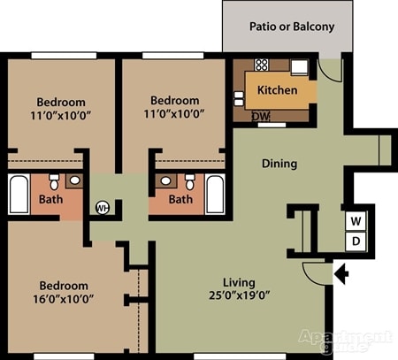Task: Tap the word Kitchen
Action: tap(277, 90)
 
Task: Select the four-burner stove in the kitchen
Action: tap(262, 65)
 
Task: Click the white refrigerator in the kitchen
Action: tap(300, 65)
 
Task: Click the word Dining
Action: tap(279, 164)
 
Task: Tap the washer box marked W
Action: tap(356, 219)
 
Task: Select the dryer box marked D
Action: tap(356, 241)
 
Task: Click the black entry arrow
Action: tap(341, 274)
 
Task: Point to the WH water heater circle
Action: tap(102, 208)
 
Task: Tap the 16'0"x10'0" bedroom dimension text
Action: tap(63, 298)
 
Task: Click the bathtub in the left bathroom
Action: tap(19, 195)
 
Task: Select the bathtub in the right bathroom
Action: tap(215, 194)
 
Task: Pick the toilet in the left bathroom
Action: tap(55, 181)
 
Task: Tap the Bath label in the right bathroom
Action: tap(180, 200)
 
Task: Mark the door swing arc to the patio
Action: tap(329, 70)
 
